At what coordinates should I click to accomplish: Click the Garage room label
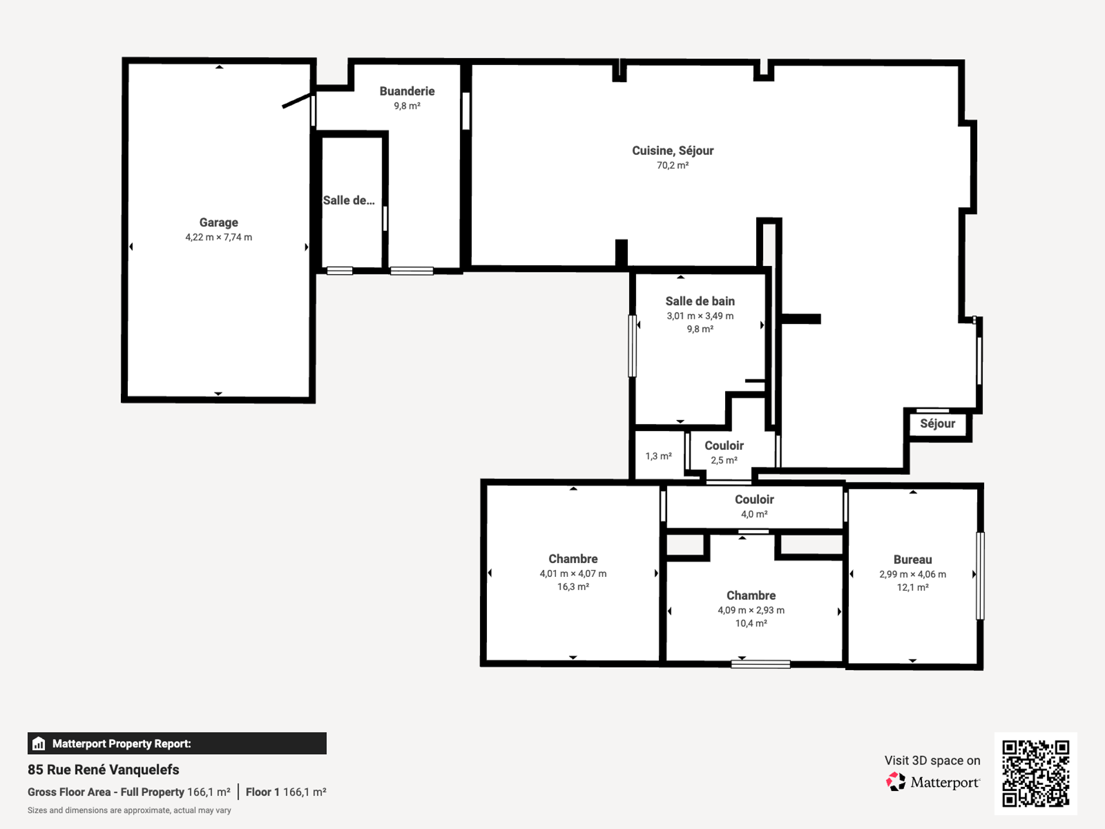[219, 222]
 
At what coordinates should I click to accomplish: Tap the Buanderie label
[407, 91]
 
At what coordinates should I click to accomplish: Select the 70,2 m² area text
[673, 165]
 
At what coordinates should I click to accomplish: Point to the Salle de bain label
[700, 301]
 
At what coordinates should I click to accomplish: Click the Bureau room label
[913, 560]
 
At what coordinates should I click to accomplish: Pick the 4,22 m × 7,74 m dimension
[219, 237]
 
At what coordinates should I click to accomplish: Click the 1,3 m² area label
[658, 456]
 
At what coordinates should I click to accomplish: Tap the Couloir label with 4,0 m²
[755, 500]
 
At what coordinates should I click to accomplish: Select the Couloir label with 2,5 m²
[724, 446]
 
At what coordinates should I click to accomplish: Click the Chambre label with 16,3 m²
[573, 559]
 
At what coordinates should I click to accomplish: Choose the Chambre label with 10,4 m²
[751, 595]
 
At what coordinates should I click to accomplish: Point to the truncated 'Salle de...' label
[349, 200]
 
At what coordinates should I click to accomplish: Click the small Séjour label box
[938, 424]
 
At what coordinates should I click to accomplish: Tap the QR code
[1036, 774]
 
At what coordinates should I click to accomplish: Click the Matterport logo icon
[896, 782]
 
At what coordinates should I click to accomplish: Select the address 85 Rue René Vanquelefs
[104, 770]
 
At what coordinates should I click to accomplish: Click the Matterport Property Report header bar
[177, 743]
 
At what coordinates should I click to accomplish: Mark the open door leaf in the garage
[298, 100]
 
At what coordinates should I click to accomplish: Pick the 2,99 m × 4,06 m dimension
[913, 575]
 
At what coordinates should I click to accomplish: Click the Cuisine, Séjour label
[673, 151]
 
